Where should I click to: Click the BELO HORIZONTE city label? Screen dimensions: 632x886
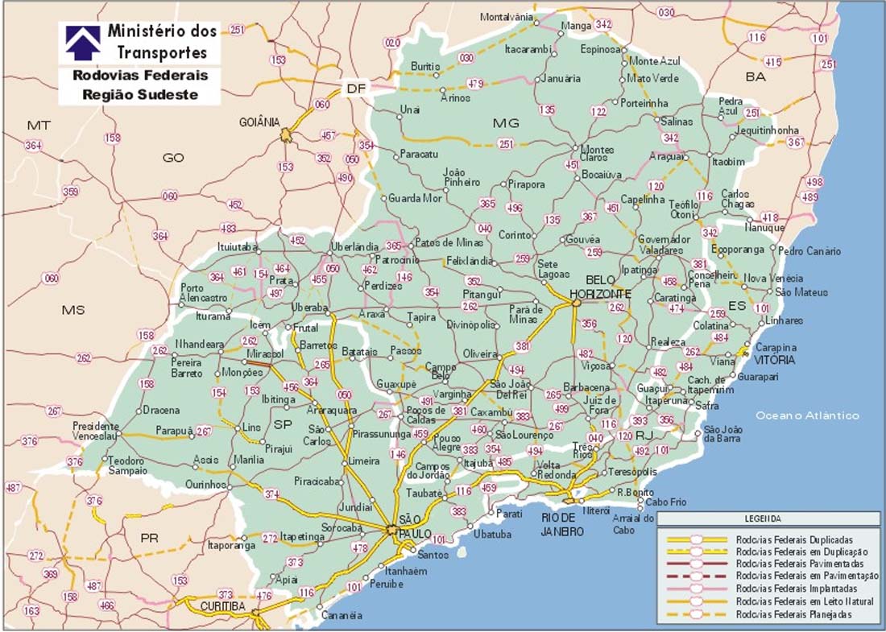click(x=599, y=287)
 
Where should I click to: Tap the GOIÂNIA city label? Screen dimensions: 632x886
click(x=259, y=122)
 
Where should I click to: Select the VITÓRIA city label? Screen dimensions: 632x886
click(x=774, y=360)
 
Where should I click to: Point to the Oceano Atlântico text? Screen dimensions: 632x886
click(x=806, y=415)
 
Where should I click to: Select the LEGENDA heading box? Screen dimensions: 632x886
click(x=768, y=519)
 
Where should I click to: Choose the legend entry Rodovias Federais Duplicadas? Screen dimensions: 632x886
click(x=795, y=539)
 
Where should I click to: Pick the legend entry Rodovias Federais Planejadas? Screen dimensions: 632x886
click(x=794, y=614)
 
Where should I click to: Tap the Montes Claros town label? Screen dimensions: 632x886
click(x=597, y=153)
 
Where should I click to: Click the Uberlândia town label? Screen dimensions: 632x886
click(x=354, y=246)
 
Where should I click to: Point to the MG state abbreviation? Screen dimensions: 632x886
click(x=506, y=122)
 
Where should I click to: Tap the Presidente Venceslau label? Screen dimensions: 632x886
click(x=96, y=430)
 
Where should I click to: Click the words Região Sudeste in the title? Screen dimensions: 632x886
click(x=140, y=94)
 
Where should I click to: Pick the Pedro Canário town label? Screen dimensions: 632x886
click(x=809, y=251)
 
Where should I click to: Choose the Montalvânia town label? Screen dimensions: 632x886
click(x=507, y=17)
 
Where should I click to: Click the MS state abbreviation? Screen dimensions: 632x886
click(x=73, y=309)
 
